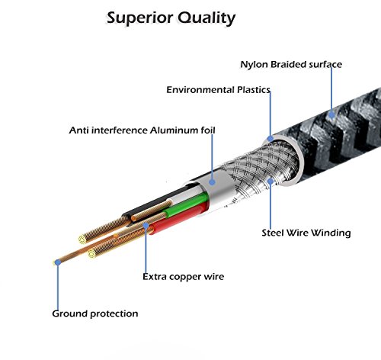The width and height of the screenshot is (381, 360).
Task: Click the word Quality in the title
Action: pos(207,18)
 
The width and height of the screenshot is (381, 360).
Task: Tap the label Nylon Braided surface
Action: pos(291,65)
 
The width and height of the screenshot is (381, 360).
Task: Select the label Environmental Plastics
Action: pos(219,90)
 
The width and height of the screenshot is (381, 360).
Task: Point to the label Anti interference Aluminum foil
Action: pos(142,130)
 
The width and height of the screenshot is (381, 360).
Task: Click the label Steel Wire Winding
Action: pos(306,233)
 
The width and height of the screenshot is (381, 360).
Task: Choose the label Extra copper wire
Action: pos(184,277)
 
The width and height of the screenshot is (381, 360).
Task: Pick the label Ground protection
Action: pos(95,313)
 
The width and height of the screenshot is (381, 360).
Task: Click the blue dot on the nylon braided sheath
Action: pos(331,115)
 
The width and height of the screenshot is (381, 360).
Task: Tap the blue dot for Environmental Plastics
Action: pos(271,139)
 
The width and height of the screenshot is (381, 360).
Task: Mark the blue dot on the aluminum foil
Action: pos(213,182)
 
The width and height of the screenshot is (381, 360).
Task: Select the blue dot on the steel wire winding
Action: pos(271,182)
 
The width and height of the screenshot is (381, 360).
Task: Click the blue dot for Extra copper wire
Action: pos(146,225)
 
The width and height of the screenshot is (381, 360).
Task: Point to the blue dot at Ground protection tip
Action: pos(58,262)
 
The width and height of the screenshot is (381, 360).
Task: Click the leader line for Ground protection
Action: pos(58,288)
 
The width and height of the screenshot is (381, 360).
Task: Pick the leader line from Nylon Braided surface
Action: pos(331,90)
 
